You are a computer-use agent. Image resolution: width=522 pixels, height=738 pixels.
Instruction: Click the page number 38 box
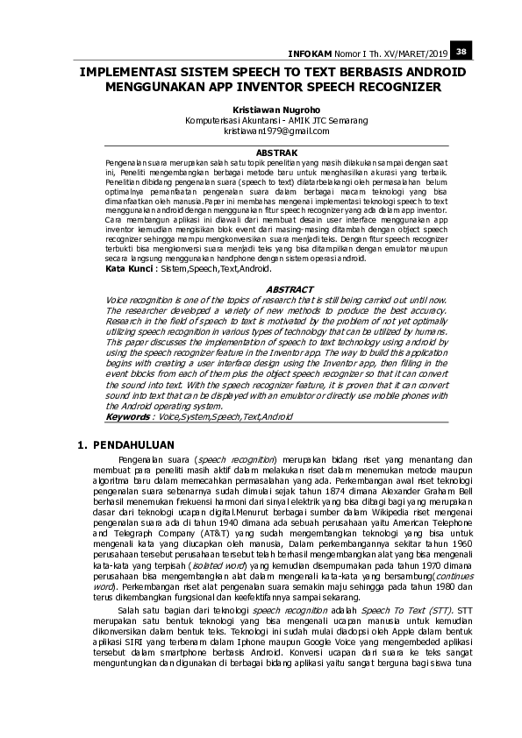461,51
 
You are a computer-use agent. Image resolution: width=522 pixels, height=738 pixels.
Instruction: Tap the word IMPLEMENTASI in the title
125,75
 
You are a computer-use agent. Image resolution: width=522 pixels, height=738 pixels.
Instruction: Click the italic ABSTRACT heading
289,288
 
